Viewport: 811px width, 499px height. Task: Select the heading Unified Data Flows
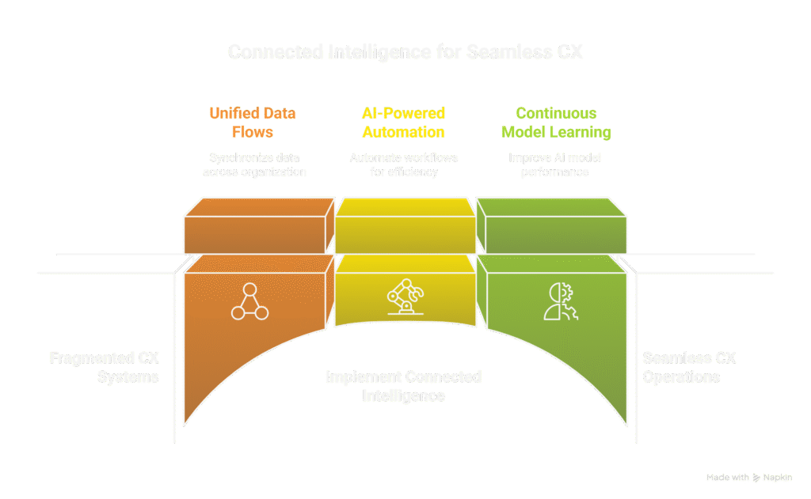(252, 123)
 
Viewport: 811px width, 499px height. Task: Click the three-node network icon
(249, 301)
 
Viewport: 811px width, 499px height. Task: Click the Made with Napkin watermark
(748, 478)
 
